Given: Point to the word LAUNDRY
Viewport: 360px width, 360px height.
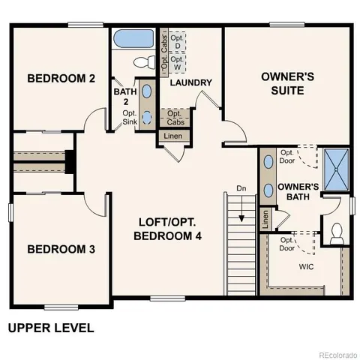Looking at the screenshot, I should click(x=191, y=82).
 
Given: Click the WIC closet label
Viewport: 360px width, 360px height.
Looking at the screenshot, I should click(x=306, y=265).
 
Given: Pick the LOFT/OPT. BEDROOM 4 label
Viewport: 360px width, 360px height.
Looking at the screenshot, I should click(x=168, y=229).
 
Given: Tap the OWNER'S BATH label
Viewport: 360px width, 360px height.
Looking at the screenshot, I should click(x=298, y=192).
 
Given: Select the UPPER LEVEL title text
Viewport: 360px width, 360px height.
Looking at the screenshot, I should click(x=50, y=328).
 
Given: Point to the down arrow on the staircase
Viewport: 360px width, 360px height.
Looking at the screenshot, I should click(x=241, y=218).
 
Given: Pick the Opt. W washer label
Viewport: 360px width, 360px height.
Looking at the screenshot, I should click(x=176, y=63).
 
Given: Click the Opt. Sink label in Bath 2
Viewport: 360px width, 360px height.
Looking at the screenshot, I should click(x=130, y=118).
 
